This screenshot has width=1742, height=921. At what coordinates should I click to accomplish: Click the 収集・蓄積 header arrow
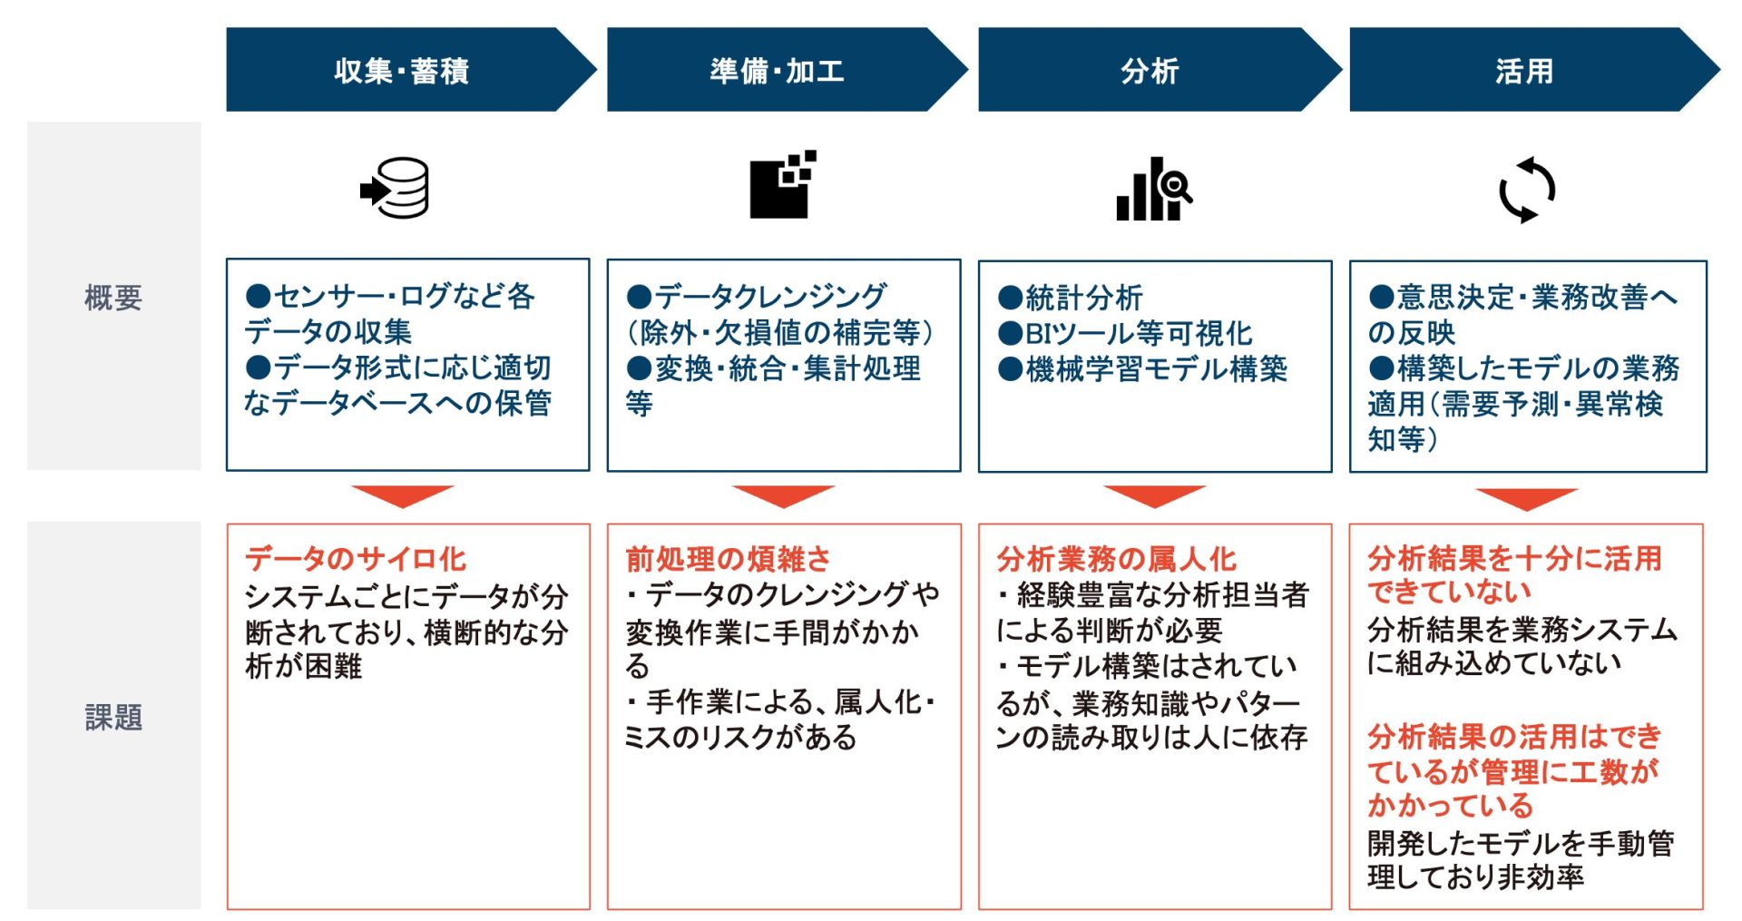pos(402,70)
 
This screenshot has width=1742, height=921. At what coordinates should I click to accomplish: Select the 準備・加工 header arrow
pos(778,70)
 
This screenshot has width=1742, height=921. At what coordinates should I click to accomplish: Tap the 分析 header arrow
pos(1150,70)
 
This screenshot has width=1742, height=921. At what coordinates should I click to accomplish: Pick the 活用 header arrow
pos(1524,70)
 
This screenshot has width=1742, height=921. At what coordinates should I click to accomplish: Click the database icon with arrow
pos(395,189)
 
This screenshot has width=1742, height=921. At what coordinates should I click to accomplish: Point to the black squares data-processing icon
pos(782,184)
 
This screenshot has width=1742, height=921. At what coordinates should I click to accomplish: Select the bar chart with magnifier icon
pos(1153,189)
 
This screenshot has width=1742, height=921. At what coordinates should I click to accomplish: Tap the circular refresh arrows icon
pos(1527,190)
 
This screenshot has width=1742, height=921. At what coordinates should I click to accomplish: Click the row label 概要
pos(113,298)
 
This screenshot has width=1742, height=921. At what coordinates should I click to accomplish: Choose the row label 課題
pos(113,718)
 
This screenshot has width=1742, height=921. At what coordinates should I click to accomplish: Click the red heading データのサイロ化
pos(356,558)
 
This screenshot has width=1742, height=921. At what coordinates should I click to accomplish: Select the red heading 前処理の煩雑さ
pos(728,558)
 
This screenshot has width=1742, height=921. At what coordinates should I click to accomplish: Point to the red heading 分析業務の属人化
pos(1116,558)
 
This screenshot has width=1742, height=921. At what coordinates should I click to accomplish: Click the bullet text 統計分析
pos(1083,298)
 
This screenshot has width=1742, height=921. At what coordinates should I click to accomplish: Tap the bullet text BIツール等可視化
pos(1138,333)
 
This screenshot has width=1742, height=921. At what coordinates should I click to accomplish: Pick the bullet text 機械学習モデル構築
pos(1156,368)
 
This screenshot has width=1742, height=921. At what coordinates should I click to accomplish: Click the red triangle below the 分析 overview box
pos(1154,495)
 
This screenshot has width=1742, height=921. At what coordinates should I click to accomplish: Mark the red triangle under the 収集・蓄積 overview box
pos(402,495)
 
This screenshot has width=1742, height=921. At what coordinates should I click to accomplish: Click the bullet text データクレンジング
pos(769,296)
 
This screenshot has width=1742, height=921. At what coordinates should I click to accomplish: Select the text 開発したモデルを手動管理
pos(1521,843)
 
